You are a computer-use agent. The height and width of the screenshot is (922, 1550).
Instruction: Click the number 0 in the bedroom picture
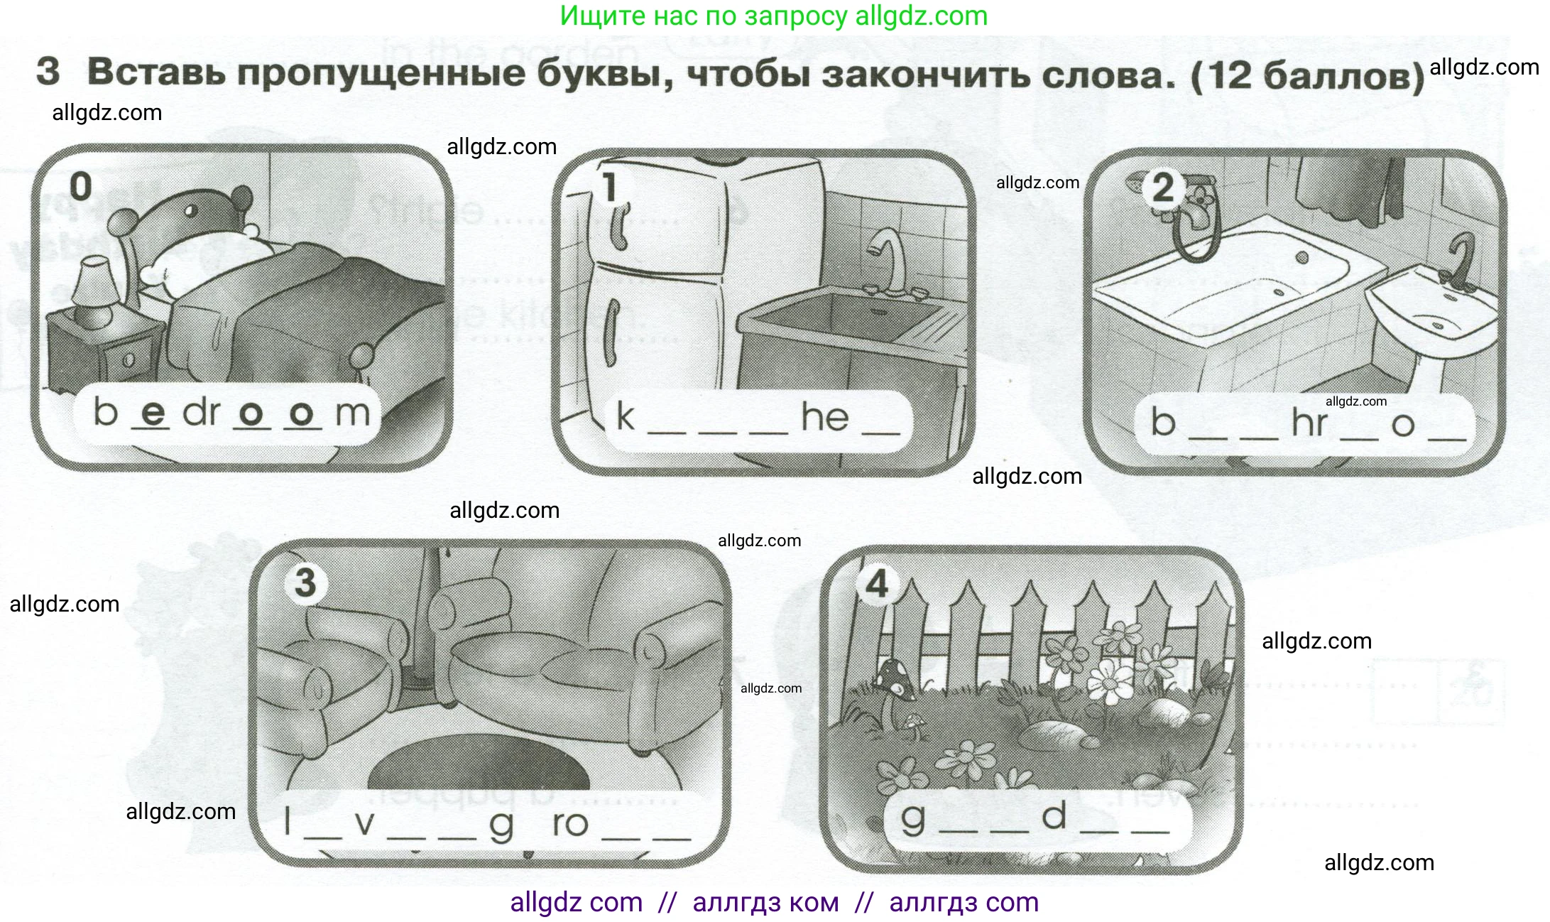pyautogui.click(x=81, y=187)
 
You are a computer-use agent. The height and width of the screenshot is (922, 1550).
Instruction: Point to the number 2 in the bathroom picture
pyautogui.click(x=1163, y=188)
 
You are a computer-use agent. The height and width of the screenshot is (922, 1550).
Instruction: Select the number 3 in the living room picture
pyautogui.click(x=305, y=582)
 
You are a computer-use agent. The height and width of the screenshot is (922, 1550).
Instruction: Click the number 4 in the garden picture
pyautogui.click(x=878, y=585)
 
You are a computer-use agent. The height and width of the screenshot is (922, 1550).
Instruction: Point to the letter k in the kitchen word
pyautogui.click(x=625, y=416)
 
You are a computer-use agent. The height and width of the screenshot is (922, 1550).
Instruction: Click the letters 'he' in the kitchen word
pyautogui.click(x=825, y=416)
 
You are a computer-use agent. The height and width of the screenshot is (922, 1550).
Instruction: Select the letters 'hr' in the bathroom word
pyautogui.click(x=1309, y=422)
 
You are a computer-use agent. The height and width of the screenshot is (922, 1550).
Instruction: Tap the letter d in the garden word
pyautogui.click(x=1054, y=815)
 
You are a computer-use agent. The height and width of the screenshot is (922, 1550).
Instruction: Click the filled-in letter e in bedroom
pyautogui.click(x=153, y=412)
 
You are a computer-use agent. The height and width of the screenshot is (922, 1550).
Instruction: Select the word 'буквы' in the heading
pyautogui.click(x=604, y=73)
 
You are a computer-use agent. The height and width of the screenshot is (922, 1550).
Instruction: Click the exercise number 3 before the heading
pyautogui.click(x=48, y=72)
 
